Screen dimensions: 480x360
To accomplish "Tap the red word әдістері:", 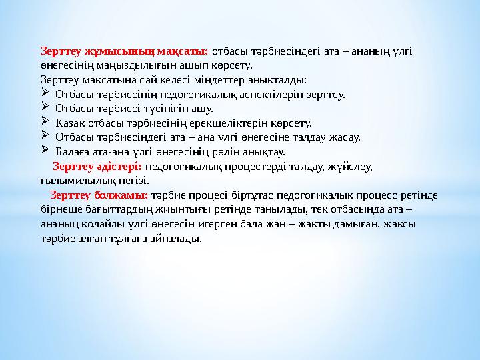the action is tap(119, 167).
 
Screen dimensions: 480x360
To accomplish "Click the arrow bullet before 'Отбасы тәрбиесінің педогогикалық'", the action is tap(45, 92).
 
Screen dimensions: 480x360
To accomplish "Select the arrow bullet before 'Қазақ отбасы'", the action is tap(45, 121).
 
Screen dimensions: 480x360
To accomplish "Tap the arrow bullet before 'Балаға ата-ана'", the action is tap(45, 149).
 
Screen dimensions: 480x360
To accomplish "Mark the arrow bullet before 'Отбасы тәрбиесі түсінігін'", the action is tap(45, 106).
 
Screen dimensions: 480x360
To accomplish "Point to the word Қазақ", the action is tap(71, 123).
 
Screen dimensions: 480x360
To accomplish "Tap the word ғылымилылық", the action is tap(78, 181).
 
